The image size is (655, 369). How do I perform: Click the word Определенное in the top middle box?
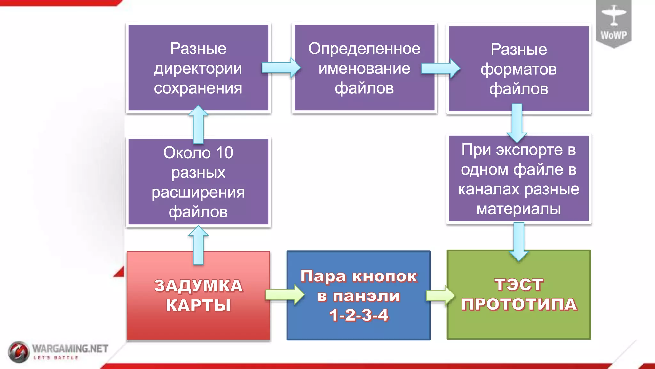coord(364,49)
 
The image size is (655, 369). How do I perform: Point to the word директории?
coord(198,69)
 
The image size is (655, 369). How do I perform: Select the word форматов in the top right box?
coord(518,69)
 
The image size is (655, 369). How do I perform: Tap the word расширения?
coord(198,192)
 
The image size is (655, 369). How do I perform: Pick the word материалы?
coord(518,209)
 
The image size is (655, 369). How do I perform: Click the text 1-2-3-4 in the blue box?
coord(359,315)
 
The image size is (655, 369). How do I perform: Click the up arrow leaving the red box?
coord(198,245)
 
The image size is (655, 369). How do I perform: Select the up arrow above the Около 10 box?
coord(198,125)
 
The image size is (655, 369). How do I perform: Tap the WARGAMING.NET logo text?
coord(70,348)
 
